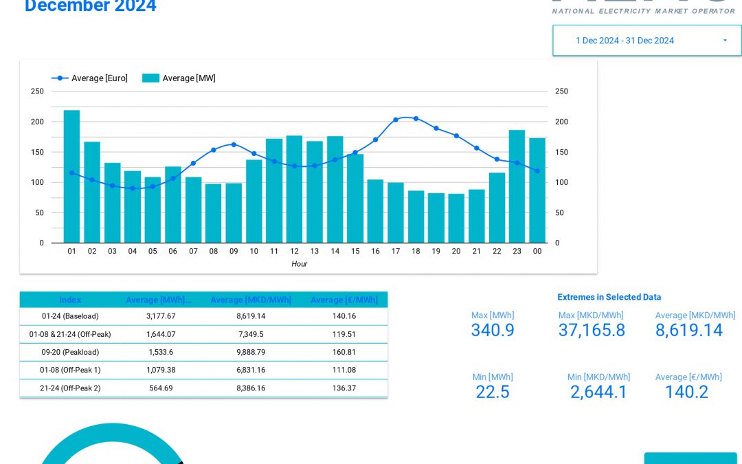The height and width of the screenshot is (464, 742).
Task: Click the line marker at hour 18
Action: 416,119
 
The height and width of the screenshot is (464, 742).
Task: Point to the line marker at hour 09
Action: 234,144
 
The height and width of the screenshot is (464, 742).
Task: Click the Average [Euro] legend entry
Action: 90,78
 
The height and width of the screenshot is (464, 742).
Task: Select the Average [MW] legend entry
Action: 179,78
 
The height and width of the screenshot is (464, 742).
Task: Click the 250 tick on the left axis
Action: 37,91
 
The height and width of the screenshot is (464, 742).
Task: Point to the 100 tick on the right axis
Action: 561,182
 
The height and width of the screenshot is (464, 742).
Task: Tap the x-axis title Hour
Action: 299,264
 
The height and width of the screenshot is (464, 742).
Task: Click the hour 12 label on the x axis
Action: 294,252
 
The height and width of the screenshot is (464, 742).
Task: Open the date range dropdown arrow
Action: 725,41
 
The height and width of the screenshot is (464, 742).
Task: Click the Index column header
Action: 70,300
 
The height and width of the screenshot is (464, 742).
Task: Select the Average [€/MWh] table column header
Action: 344,300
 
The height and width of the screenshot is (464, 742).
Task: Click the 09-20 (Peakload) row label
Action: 70,352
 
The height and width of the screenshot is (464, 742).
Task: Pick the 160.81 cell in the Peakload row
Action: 344,352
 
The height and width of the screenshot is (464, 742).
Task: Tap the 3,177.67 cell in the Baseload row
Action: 161,316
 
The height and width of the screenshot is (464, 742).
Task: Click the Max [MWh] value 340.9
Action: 493,331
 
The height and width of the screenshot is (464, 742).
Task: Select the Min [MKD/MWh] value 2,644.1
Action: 598,393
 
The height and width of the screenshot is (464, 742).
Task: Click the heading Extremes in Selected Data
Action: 609,297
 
